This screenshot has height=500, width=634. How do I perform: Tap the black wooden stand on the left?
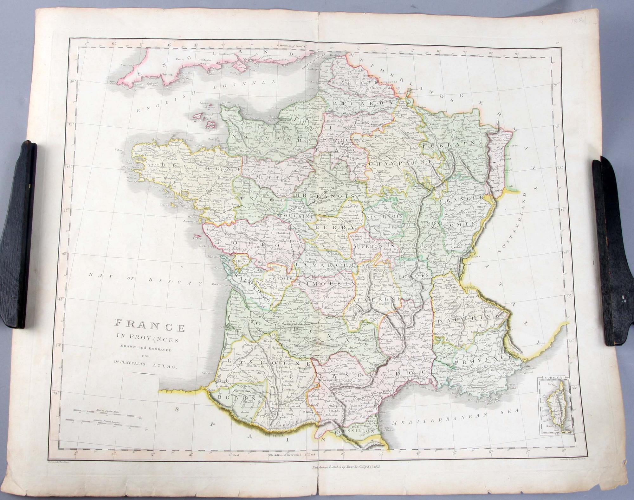(17, 234)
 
